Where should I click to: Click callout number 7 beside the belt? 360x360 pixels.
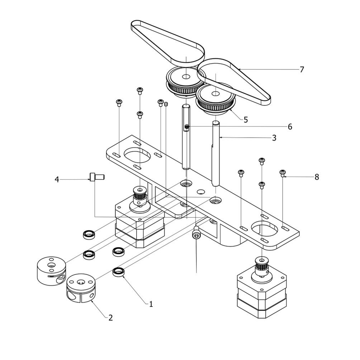point(302,70)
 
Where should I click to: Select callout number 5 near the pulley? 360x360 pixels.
point(246,120)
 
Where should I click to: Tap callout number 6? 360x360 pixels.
point(290,127)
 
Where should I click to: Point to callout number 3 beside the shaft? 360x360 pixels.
point(274,138)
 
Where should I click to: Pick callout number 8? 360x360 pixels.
point(317,177)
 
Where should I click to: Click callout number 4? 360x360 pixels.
point(57,179)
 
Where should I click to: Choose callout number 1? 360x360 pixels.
point(151,304)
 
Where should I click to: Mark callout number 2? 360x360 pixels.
point(110,317)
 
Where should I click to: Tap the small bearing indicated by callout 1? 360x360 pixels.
point(118,272)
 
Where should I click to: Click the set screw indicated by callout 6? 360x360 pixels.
point(187,127)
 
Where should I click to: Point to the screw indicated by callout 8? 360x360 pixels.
point(282,173)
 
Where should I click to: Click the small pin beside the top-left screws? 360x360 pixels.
point(166,104)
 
